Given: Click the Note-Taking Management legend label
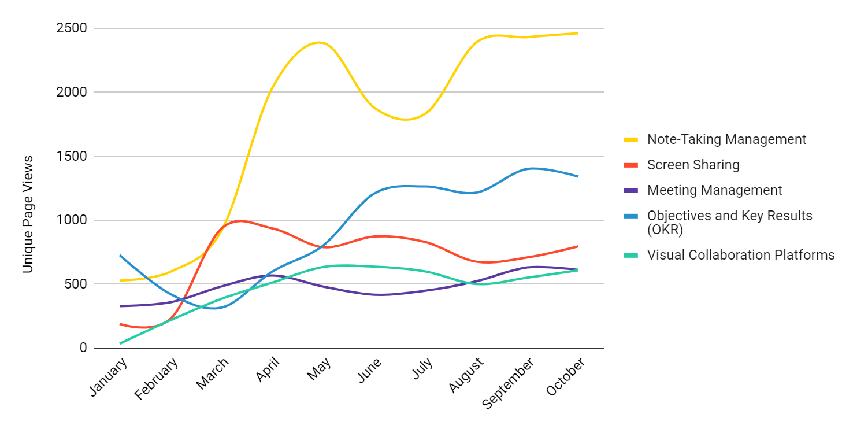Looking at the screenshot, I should coord(726,139).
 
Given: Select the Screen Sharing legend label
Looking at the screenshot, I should coord(693,165).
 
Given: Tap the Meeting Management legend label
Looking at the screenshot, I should coord(714,190).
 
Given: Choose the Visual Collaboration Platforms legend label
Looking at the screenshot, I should coord(741,255).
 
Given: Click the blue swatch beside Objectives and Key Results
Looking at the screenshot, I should coord(631,216).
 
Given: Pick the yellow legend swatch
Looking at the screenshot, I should coord(631,140).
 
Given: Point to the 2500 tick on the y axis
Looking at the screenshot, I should coord(71,28).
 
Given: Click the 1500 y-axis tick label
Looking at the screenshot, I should coord(71,156).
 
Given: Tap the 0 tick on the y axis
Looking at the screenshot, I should coord(83,348).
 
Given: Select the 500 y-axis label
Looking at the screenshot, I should coord(75,284).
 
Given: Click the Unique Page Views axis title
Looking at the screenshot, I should coord(28,214).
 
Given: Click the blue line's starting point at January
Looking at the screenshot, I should coord(120,256).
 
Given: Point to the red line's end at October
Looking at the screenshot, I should coord(577,246).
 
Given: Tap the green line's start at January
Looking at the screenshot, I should coord(120,343).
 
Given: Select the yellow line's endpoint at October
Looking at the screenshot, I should coord(577,33).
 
